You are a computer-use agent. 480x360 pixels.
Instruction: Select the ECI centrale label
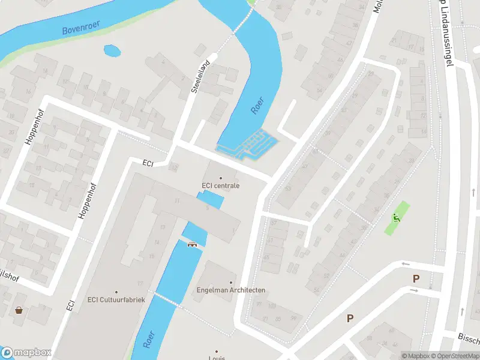point(220,185)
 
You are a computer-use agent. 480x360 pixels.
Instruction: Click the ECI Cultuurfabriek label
point(116,300)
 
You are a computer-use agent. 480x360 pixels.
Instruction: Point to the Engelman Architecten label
point(231,290)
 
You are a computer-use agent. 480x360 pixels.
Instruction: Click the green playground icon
point(396,218)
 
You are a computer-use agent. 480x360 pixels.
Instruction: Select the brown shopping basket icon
point(20,310)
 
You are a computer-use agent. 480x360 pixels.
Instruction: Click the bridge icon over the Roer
point(193,244)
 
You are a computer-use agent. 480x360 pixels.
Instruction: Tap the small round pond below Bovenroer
point(112,51)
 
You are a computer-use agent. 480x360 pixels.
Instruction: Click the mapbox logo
point(26,353)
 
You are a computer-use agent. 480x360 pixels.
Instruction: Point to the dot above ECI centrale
point(220,178)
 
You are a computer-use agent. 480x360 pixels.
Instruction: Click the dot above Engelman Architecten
point(231,282)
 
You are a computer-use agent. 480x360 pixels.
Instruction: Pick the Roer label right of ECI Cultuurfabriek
point(149,340)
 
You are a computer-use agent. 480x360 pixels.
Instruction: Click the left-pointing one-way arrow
point(406,264)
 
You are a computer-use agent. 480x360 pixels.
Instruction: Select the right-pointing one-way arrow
point(413,290)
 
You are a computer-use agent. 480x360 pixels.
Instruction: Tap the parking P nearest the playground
point(415,278)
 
